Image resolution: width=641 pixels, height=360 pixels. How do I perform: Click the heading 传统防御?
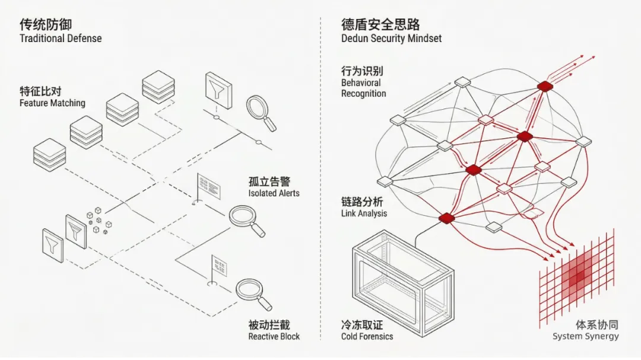click(x=46, y=24)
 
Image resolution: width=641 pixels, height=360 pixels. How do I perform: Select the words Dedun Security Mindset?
click(x=391, y=39)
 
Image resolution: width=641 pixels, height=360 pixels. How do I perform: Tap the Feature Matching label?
click(x=52, y=103)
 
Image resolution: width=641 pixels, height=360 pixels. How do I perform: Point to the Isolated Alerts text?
click(x=274, y=193)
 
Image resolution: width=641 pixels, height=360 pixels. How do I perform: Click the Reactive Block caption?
click(x=274, y=336)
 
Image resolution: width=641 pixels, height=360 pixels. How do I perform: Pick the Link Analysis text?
click(x=364, y=213)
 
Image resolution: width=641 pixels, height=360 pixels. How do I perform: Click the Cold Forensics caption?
click(x=367, y=336)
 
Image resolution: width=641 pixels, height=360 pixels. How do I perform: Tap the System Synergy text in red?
click(x=585, y=336)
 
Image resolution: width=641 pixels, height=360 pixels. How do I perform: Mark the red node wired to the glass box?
click(x=446, y=218)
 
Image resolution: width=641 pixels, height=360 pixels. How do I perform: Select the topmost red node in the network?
click(x=544, y=87)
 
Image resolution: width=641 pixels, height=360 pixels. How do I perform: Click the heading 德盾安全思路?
click(x=380, y=24)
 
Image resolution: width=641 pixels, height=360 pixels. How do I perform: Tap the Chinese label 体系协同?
click(x=596, y=324)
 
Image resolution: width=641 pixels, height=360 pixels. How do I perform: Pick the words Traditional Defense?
click(x=61, y=39)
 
